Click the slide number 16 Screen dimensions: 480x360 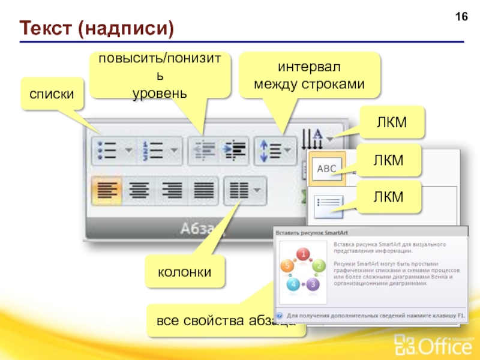[x=461, y=16]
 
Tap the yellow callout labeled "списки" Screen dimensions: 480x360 [x=52, y=94]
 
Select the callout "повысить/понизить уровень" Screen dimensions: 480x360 [x=160, y=76]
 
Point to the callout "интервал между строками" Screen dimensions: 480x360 [x=310, y=74]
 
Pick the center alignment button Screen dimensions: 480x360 [x=140, y=191]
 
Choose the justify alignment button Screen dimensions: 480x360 [x=205, y=191]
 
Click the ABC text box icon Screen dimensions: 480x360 [x=326, y=169]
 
